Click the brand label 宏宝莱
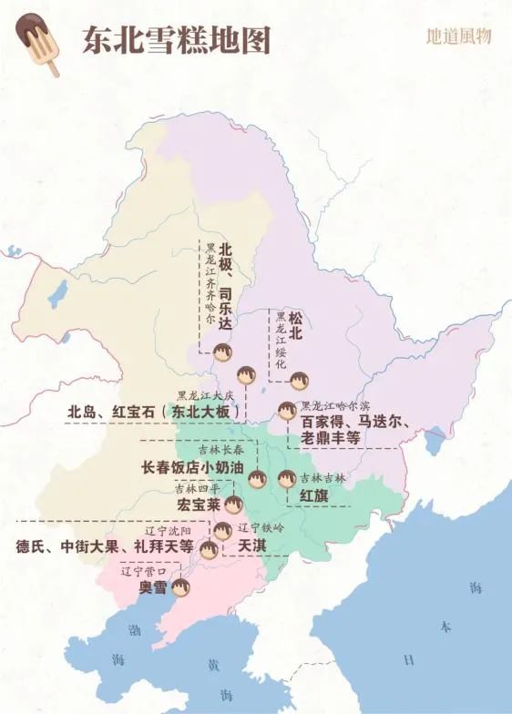(x=199, y=504)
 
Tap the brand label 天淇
(x=251, y=545)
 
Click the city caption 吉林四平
(x=198, y=488)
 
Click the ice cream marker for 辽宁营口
(x=180, y=588)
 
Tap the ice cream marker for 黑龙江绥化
(x=298, y=381)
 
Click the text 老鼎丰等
(x=331, y=438)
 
